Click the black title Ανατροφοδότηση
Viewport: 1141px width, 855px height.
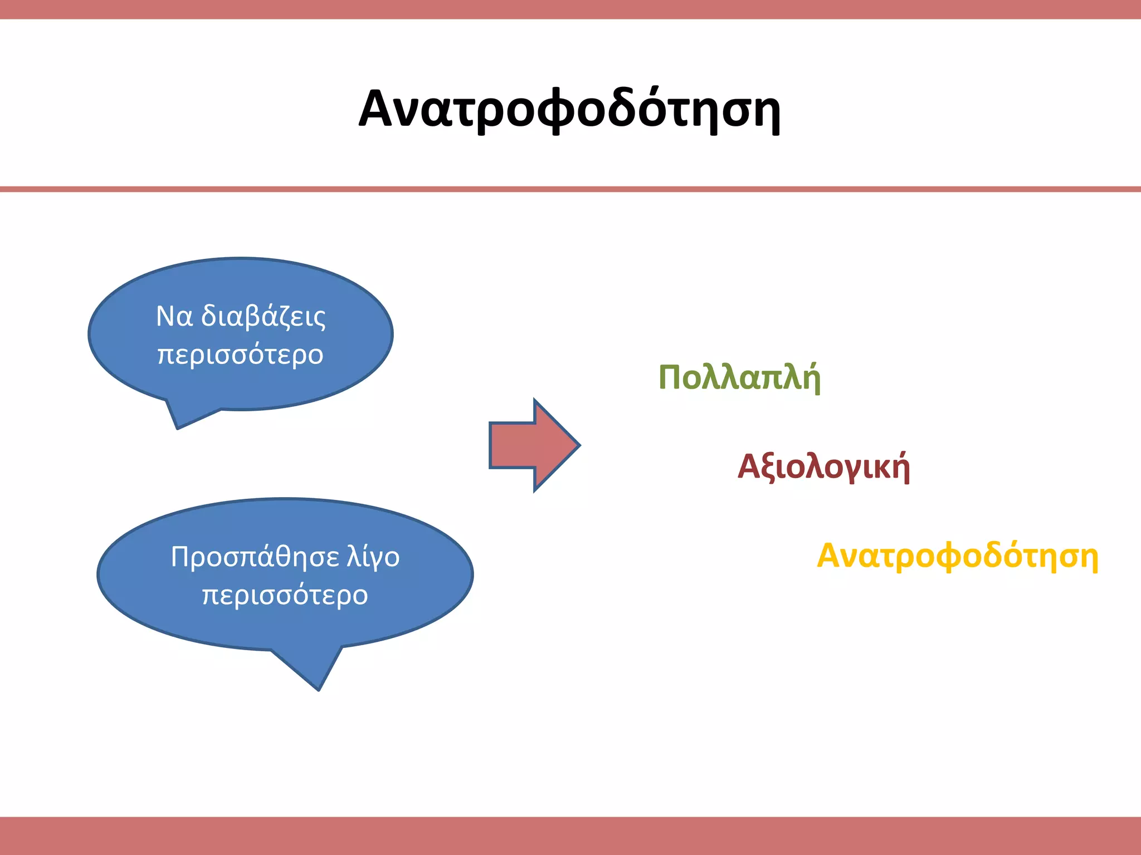click(x=569, y=110)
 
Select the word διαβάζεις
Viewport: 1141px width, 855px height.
click(x=263, y=317)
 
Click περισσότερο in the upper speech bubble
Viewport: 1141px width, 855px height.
click(x=241, y=355)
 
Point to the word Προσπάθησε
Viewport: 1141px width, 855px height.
click(x=255, y=557)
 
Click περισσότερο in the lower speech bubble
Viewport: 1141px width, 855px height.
click(x=285, y=595)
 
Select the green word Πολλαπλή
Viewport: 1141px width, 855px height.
click(x=739, y=378)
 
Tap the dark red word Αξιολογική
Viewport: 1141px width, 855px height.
click(x=823, y=466)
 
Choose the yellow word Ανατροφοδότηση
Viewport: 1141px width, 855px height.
click(x=957, y=556)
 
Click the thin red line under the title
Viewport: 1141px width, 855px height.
click(x=570, y=189)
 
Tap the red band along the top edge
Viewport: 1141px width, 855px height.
click(x=570, y=9)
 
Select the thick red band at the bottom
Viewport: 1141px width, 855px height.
click(x=570, y=836)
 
